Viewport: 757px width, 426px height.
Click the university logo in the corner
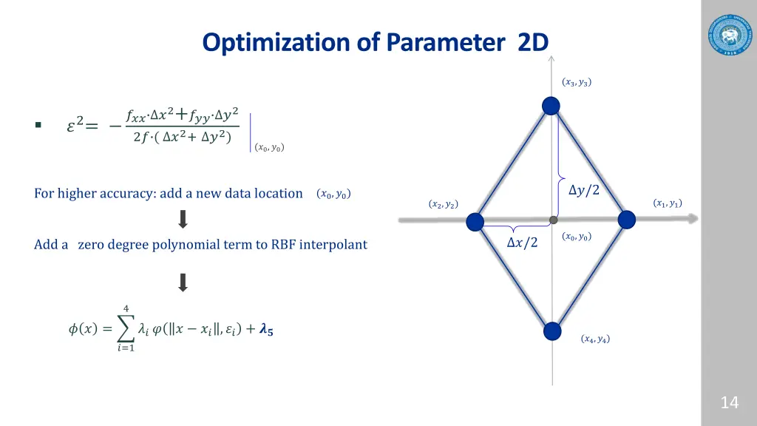(728, 33)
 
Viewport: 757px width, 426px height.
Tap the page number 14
(729, 402)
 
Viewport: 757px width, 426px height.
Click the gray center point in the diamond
(553, 220)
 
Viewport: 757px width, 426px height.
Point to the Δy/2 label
(584, 190)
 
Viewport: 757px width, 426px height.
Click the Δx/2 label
(522, 242)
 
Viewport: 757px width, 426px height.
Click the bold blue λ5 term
(265, 331)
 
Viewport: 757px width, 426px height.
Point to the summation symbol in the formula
(126, 329)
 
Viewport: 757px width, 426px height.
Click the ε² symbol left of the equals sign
(76, 126)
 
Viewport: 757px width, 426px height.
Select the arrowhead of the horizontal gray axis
(690, 219)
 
